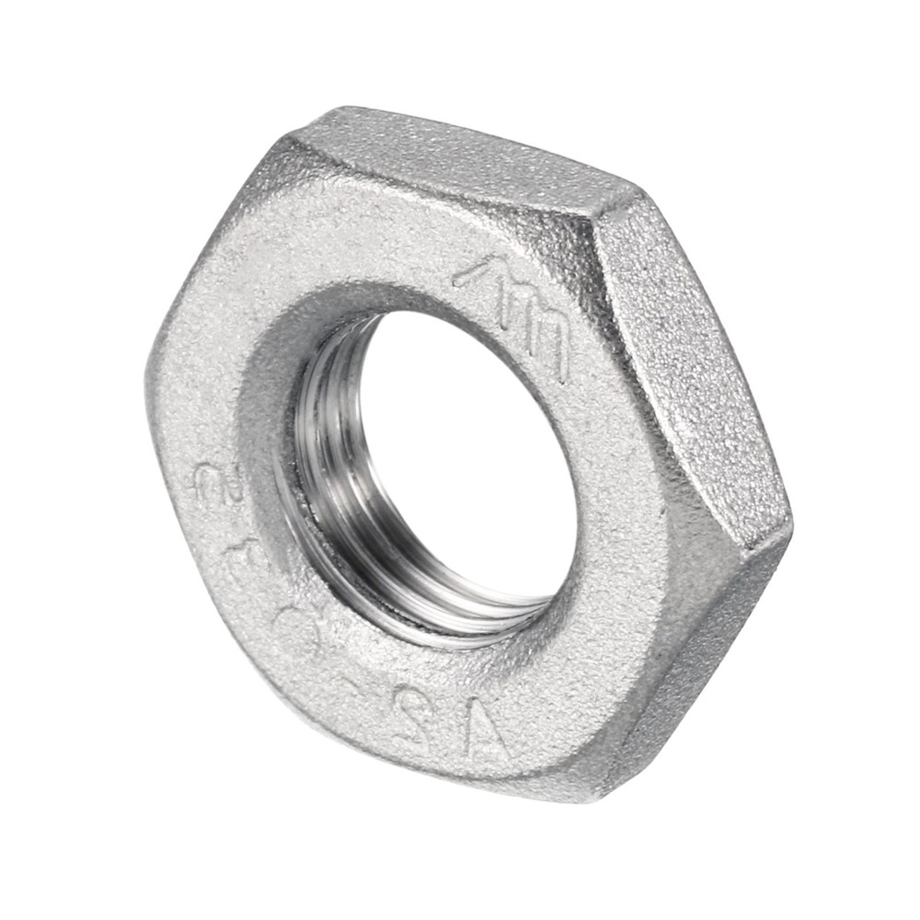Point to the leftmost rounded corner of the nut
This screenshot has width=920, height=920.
pyautogui.click(x=152, y=368)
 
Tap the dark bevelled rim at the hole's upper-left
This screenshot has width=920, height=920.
pyautogui.click(x=304, y=350)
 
